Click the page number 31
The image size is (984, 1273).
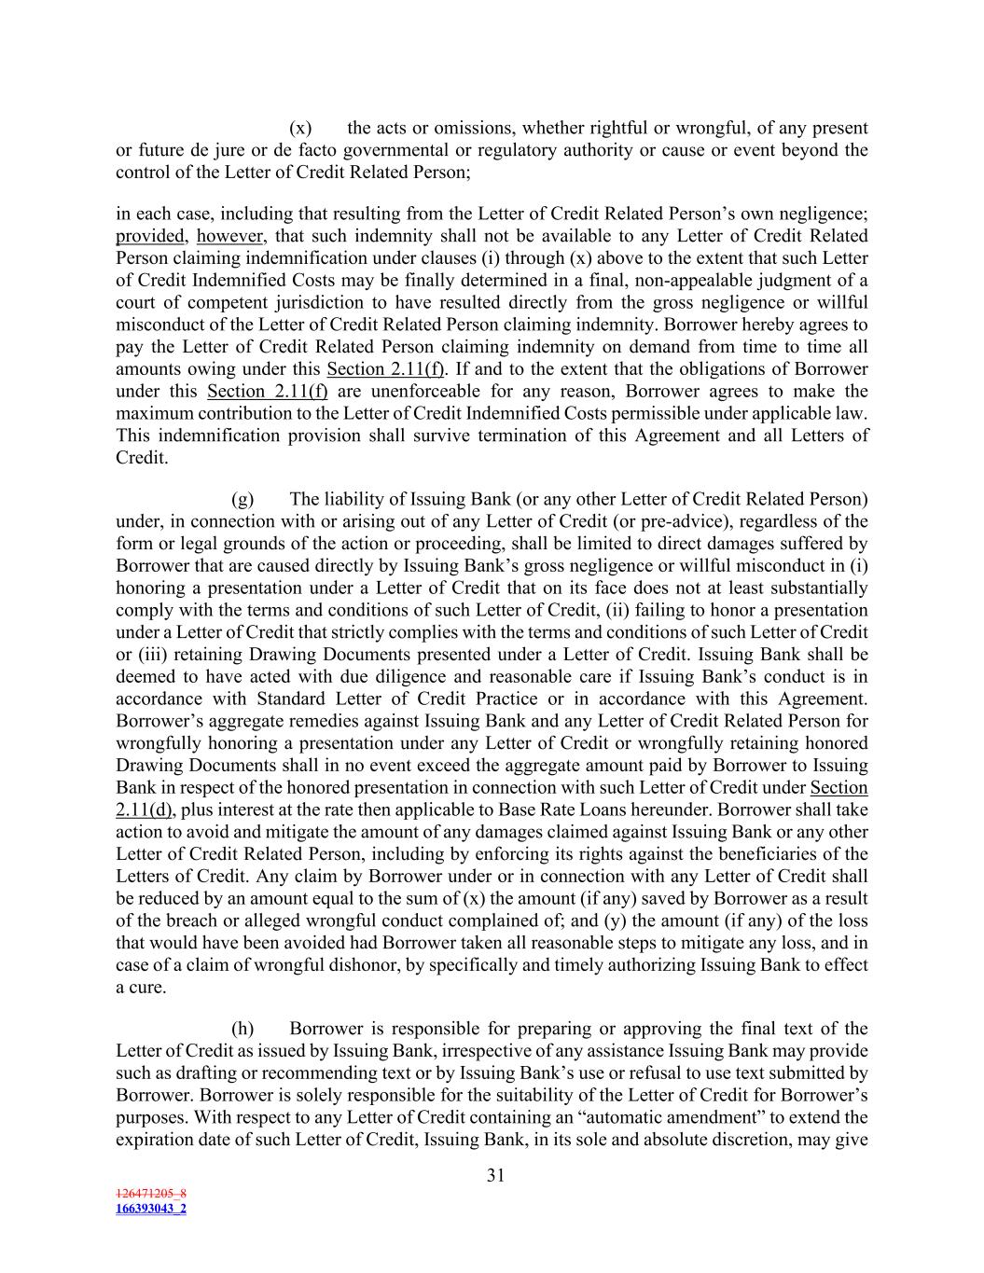pos(495,1175)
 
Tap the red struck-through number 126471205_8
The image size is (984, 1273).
pos(151,1193)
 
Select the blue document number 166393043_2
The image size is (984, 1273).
pos(151,1209)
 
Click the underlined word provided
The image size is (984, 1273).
pos(150,235)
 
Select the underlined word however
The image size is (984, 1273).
pos(229,235)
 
